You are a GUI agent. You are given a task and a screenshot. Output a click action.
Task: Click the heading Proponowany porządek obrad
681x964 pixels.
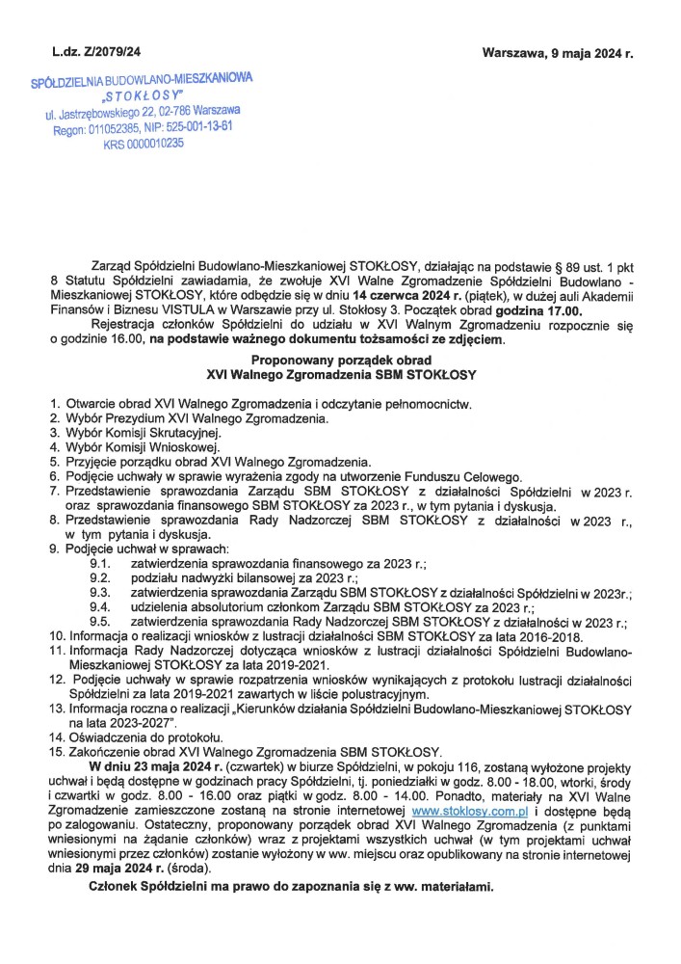click(340, 359)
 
